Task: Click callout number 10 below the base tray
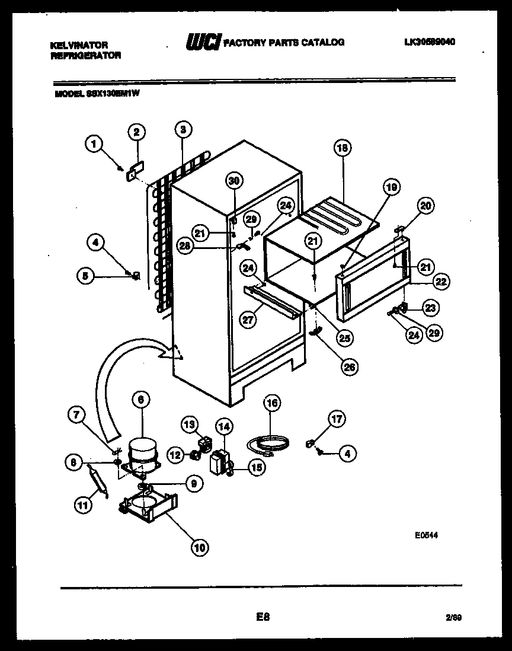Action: click(x=200, y=548)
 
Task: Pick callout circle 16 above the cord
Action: click(x=271, y=405)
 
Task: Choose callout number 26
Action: click(x=349, y=367)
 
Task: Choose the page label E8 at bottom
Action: click(x=263, y=617)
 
